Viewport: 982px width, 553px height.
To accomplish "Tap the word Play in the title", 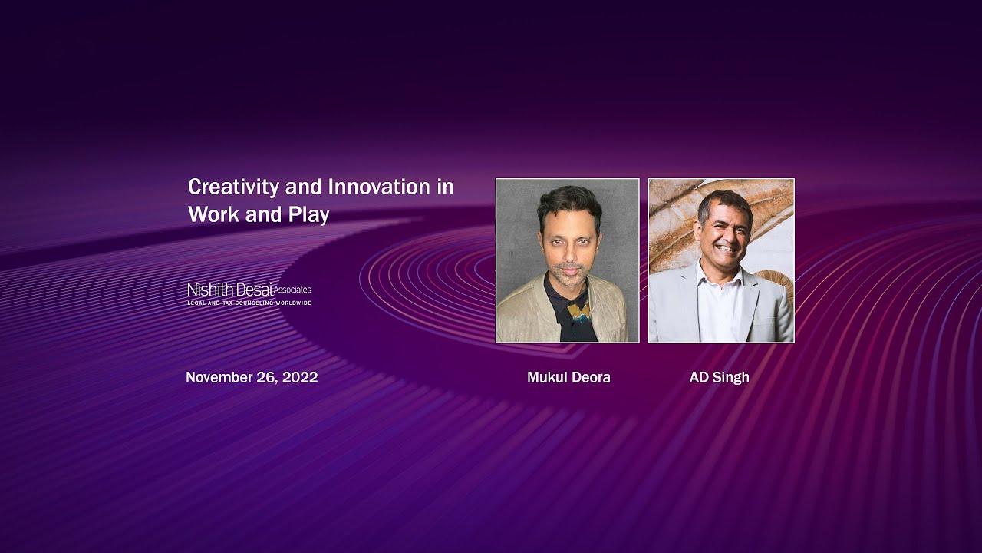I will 309,215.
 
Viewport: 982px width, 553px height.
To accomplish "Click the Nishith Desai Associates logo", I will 249,293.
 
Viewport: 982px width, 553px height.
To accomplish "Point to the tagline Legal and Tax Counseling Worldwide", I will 249,303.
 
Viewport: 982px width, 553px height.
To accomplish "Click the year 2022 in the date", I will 300,377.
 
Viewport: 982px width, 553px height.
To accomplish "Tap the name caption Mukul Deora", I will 568,377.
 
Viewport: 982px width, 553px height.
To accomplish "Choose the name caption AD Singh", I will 719,377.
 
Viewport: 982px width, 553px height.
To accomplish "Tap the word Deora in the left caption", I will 590,377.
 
